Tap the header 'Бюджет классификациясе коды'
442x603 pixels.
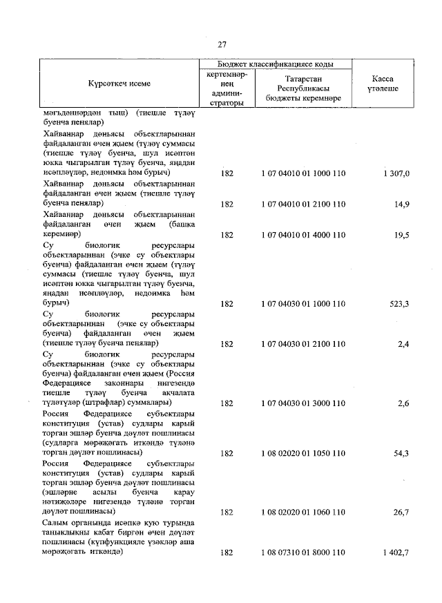[276, 64]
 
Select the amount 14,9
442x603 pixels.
[401, 204]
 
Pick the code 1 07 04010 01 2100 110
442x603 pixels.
[303, 204]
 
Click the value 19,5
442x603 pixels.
[401, 235]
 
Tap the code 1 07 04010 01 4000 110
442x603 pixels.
[303, 235]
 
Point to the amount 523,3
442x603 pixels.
[399, 303]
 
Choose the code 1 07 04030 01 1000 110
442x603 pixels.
[303, 303]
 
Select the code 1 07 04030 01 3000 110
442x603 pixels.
[303, 403]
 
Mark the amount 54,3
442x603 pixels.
[401, 453]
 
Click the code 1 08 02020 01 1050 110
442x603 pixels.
[303, 453]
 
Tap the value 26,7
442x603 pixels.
[401, 513]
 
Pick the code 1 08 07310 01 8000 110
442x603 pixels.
[303, 553]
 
